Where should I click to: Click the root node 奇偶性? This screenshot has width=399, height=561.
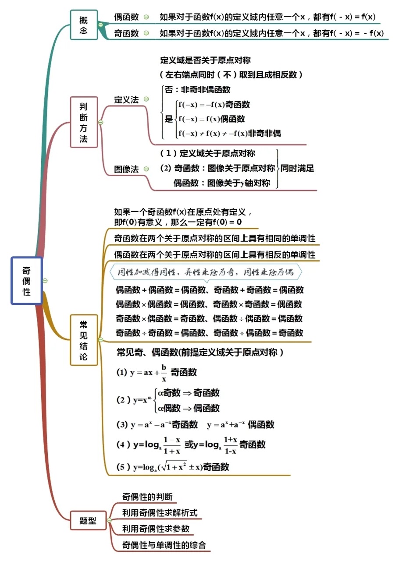point(27,280)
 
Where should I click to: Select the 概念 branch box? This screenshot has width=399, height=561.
point(84,25)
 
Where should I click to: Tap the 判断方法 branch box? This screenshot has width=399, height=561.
point(84,122)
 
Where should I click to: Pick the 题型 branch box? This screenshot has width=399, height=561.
point(88,521)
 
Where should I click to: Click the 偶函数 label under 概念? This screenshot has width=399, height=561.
point(126,17)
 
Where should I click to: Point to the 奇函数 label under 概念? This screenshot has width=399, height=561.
point(126,33)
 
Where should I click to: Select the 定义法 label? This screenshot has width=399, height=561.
point(126,99)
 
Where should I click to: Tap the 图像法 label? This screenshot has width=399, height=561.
point(126,169)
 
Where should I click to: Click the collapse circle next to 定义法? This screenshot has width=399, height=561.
point(146,99)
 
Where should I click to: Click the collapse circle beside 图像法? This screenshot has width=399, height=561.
point(146,169)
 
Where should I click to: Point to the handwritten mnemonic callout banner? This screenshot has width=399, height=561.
point(206,272)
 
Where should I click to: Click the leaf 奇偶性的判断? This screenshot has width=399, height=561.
point(147,497)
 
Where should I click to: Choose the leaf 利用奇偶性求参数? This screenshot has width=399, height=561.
point(156,529)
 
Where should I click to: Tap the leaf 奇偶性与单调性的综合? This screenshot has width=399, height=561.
point(164,545)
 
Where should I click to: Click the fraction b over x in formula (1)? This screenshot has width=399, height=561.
point(164,373)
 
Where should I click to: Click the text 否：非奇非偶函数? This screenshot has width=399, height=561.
point(197,89)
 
